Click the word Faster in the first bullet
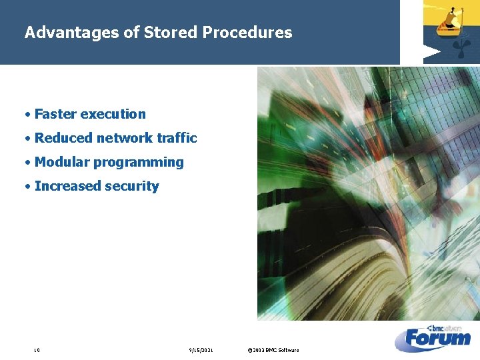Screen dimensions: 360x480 [55, 114]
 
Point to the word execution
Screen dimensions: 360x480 [113, 114]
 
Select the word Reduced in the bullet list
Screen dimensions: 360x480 [63, 138]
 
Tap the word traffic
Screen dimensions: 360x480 [177, 138]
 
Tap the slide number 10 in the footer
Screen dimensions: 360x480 [37, 350]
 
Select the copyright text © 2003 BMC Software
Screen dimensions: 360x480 [273, 350]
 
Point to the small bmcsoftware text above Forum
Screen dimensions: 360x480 [447, 327]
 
